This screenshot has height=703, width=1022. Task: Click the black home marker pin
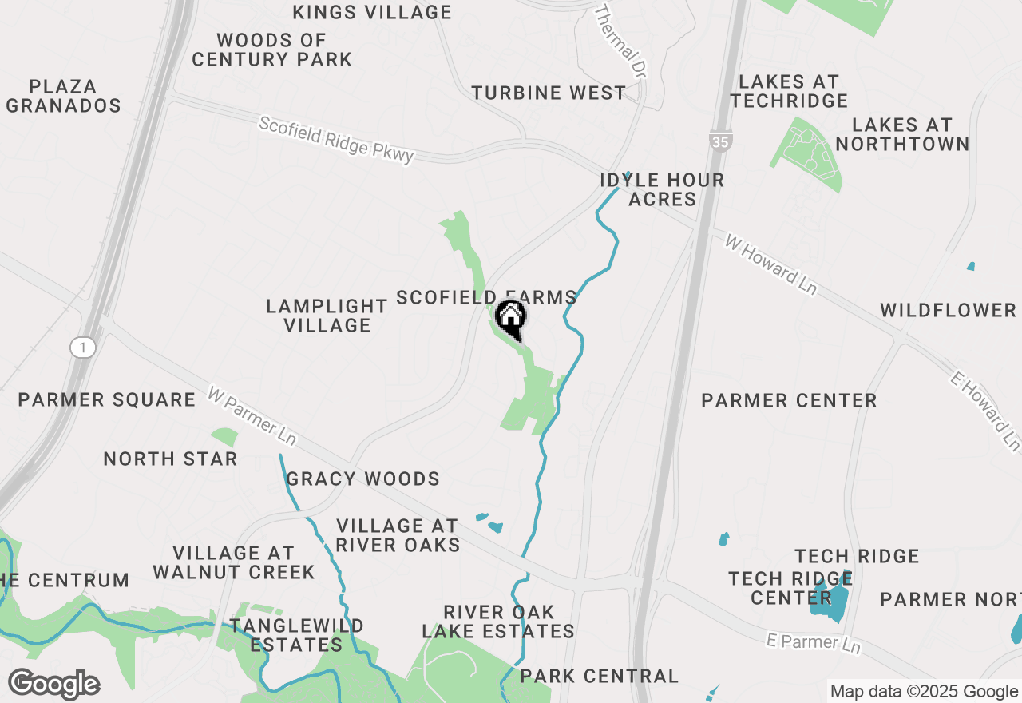coord(511,319)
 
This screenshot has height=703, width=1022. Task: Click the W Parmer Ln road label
coord(252,415)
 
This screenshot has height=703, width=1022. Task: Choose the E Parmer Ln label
coord(814,641)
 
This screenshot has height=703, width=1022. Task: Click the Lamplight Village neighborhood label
coord(327,316)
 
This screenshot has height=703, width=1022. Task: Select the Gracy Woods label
coord(363,479)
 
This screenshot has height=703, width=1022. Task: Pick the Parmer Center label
coord(789,400)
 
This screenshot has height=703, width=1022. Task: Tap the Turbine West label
coord(549,93)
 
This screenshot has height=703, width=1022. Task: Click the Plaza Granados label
coord(63,96)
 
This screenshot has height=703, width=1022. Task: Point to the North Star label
coord(171,459)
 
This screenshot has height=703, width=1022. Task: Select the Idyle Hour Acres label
coord(662,189)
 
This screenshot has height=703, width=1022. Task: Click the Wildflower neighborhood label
coord(949,310)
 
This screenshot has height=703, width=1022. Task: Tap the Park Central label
coord(599,677)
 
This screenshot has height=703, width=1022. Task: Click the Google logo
coord(54,685)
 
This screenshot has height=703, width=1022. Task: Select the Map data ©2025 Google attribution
coord(924,692)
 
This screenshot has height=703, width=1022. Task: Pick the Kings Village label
coord(372,12)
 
